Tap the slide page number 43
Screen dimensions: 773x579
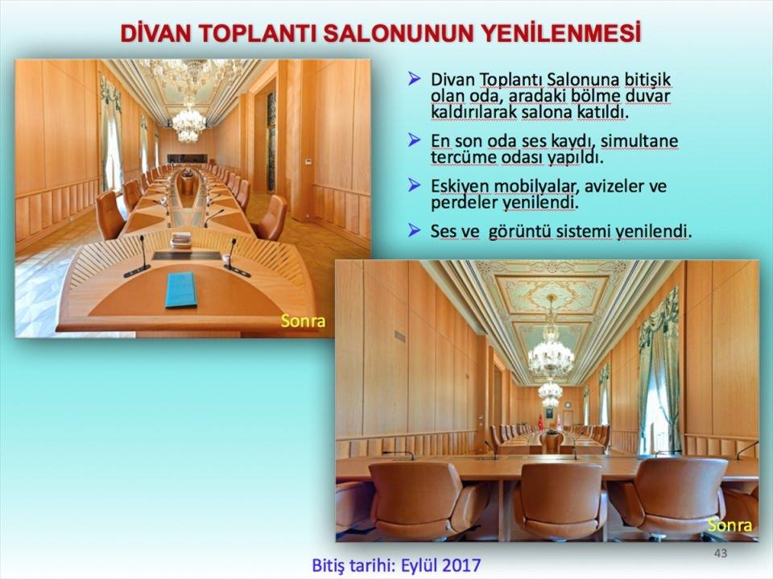720,553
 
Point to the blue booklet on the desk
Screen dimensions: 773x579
180,290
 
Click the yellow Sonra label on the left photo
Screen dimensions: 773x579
304,321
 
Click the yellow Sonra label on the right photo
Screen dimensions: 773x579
730,525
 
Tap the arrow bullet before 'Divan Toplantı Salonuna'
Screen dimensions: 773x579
415,78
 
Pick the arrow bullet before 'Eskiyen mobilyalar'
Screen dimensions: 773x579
415,185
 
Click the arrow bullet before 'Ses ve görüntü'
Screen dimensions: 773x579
415,230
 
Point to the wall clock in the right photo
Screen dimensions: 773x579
568,405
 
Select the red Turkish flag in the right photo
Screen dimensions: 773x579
539,423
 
